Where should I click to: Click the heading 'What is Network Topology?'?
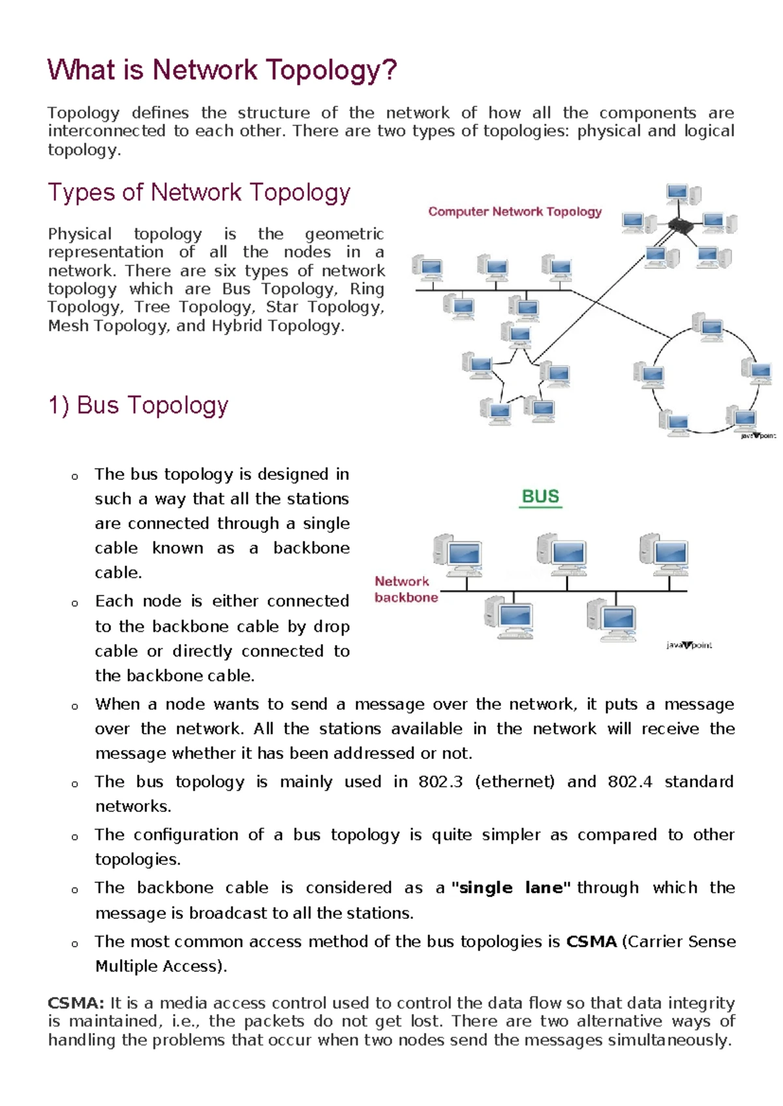(x=222, y=70)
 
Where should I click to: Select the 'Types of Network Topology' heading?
(x=199, y=192)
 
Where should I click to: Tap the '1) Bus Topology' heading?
(x=138, y=406)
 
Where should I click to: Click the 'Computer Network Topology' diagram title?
(x=515, y=212)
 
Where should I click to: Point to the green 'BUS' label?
(x=540, y=497)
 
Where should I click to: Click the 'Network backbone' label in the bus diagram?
(x=405, y=589)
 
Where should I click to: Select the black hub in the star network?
(x=681, y=226)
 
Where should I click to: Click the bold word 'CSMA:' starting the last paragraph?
(x=76, y=1002)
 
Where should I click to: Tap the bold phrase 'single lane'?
(x=512, y=888)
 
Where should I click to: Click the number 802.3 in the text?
(x=440, y=781)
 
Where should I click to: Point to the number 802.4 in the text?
(x=630, y=781)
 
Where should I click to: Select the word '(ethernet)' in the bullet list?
(x=515, y=781)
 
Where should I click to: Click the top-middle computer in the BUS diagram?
(x=561, y=553)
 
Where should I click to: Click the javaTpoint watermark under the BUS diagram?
(x=688, y=645)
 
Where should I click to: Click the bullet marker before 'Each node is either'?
(x=75, y=603)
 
